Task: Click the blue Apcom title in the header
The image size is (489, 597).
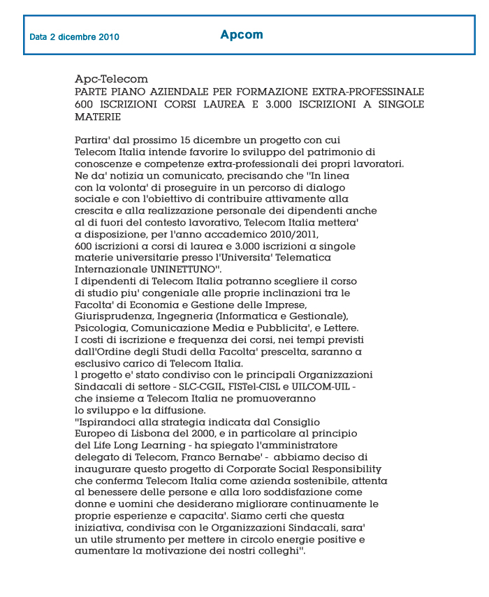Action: click(242, 34)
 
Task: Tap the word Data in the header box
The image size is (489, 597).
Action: click(38, 37)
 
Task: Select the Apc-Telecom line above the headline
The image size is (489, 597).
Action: click(111, 80)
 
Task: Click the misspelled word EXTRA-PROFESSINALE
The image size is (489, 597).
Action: click(367, 91)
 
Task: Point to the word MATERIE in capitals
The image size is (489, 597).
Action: click(98, 117)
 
